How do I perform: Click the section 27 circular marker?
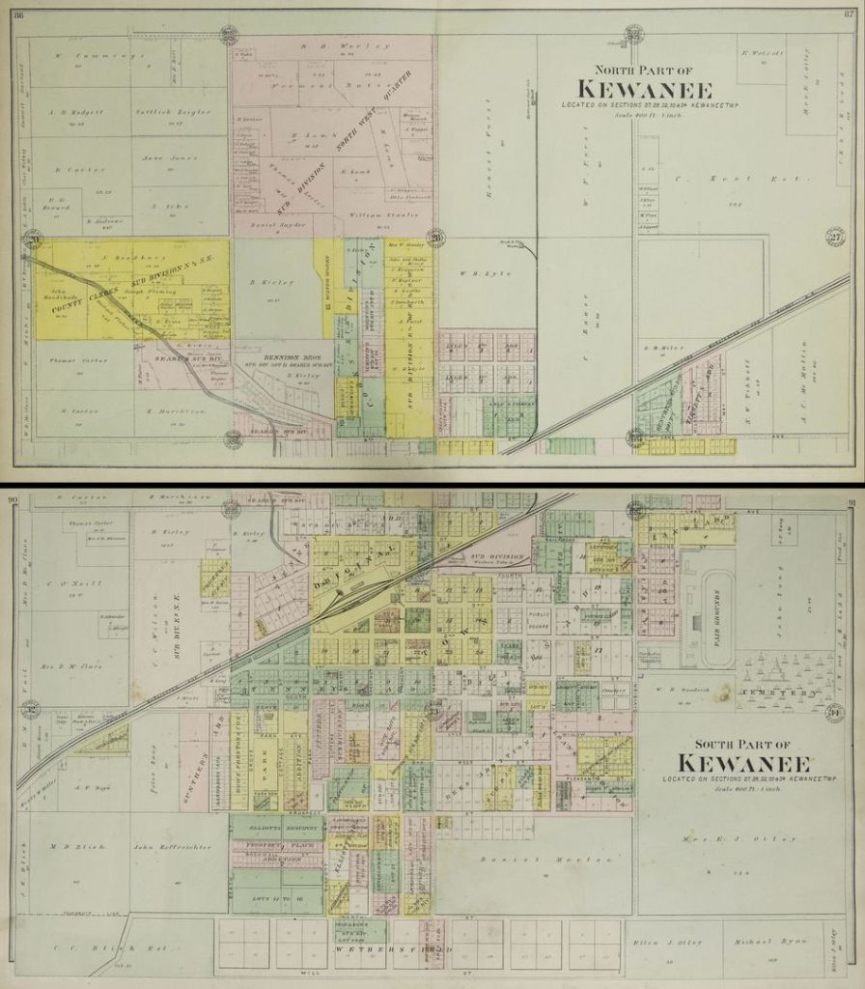point(834,237)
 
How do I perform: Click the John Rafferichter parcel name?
point(172,847)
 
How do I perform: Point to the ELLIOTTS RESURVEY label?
point(276,826)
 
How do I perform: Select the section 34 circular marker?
point(834,712)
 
